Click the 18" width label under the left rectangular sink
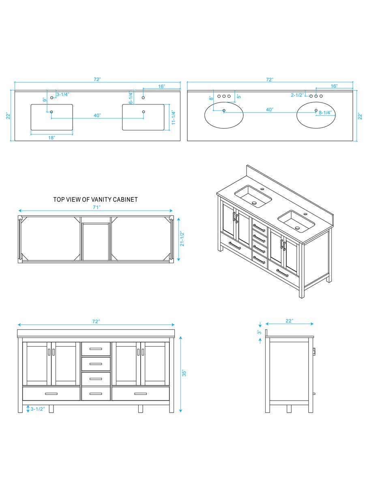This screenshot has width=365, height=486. (x=52, y=138)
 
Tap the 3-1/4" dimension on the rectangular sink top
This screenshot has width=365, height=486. (x=62, y=94)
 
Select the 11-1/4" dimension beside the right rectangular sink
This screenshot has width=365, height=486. (x=173, y=117)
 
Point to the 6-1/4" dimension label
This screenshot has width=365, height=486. (x=131, y=98)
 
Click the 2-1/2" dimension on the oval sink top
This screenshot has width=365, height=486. (x=297, y=96)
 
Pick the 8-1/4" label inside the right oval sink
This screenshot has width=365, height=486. (x=325, y=112)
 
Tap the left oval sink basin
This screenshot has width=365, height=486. (x=224, y=115)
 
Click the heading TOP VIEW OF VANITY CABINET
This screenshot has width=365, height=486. (x=95, y=200)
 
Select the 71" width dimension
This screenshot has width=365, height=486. (x=96, y=207)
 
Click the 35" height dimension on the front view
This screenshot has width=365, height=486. (x=184, y=373)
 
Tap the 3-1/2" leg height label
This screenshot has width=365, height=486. (x=38, y=409)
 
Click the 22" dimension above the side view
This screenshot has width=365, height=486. (x=289, y=321)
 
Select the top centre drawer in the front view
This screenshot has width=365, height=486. (x=96, y=349)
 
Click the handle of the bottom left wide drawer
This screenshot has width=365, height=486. (x=51, y=394)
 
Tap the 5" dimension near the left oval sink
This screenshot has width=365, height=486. (x=239, y=97)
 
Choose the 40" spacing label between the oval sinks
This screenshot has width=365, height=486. (x=269, y=110)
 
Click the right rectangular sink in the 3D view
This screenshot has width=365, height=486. (x=296, y=220)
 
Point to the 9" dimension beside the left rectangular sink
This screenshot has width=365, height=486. (x=44, y=99)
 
